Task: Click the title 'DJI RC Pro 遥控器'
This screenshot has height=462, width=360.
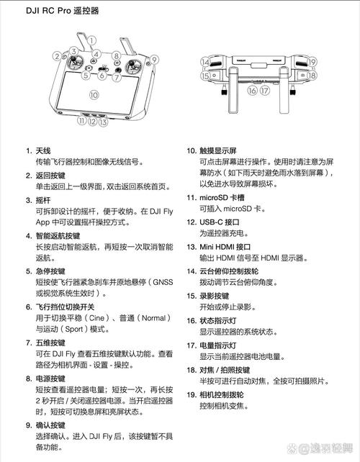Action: [x=63, y=12]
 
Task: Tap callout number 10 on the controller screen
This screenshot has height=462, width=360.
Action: [x=93, y=94]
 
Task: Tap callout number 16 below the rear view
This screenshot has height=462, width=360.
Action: [x=252, y=91]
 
